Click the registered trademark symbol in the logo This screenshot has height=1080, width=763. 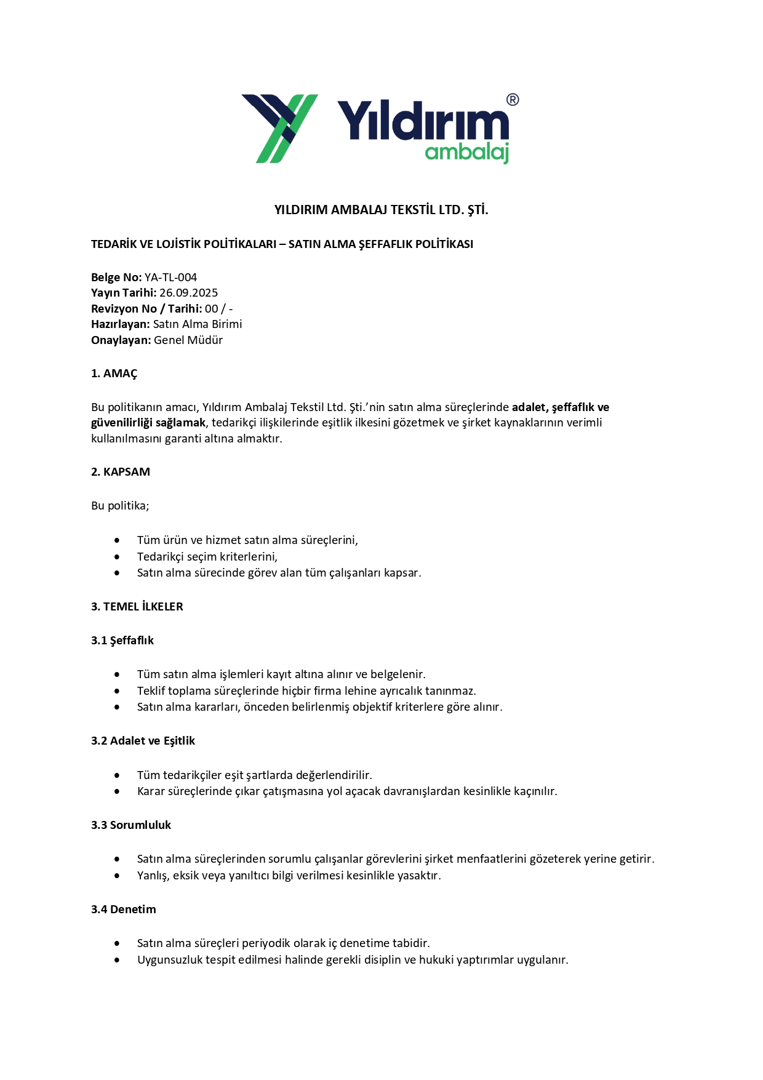click(x=512, y=100)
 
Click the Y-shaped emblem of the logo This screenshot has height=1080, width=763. click(x=280, y=128)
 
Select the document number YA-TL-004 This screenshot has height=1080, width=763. click(x=170, y=278)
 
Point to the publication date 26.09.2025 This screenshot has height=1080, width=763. click(x=188, y=293)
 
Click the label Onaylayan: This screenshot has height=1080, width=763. click(x=121, y=340)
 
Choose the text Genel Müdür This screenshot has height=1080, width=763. click(x=188, y=340)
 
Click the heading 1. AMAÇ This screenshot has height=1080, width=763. click(x=114, y=374)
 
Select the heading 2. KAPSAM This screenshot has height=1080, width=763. click(x=121, y=472)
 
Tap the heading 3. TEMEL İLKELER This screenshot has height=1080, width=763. click(x=137, y=607)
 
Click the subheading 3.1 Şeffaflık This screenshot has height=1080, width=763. click(x=122, y=641)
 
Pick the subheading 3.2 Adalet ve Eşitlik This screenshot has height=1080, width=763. click(x=143, y=741)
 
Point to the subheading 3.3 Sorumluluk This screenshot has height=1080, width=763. click(x=131, y=825)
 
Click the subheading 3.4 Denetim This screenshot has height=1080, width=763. click(x=124, y=910)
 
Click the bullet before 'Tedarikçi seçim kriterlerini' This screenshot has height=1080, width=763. click(x=117, y=557)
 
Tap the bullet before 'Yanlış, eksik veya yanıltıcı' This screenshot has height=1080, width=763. click(x=117, y=876)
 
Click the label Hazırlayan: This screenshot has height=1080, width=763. click(x=121, y=324)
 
